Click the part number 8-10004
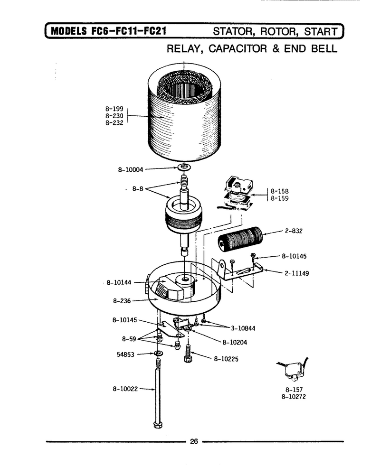131,170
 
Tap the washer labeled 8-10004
184,167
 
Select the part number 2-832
294,231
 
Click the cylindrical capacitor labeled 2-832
240,239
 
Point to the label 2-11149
297,273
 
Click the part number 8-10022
125,389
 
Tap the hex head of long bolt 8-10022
157,424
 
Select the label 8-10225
226,359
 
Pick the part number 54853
125,354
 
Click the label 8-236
122,301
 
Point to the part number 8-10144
119,282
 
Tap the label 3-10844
243,328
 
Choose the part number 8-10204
235,342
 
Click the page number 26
194,441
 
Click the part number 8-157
294,389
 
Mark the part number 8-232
114,123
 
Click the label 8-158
279,191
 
